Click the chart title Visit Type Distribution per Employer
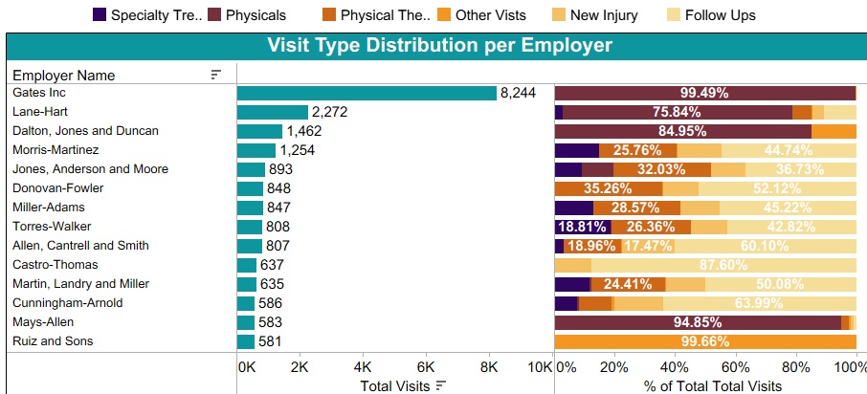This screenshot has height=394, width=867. point(439,46)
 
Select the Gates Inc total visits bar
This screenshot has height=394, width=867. point(367,93)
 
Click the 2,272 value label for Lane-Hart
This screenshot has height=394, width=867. point(329,112)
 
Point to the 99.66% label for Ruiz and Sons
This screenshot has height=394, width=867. point(704,341)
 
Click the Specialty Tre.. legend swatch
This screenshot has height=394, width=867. point(100,14)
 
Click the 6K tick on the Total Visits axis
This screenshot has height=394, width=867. point(426,367)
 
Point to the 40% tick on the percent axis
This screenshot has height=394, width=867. point(675,367)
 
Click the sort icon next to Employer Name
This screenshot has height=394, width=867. point(216,75)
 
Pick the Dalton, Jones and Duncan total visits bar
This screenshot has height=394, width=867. point(259,131)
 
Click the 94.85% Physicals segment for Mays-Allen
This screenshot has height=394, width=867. point(698,322)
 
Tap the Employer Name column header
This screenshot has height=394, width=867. point(64,75)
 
